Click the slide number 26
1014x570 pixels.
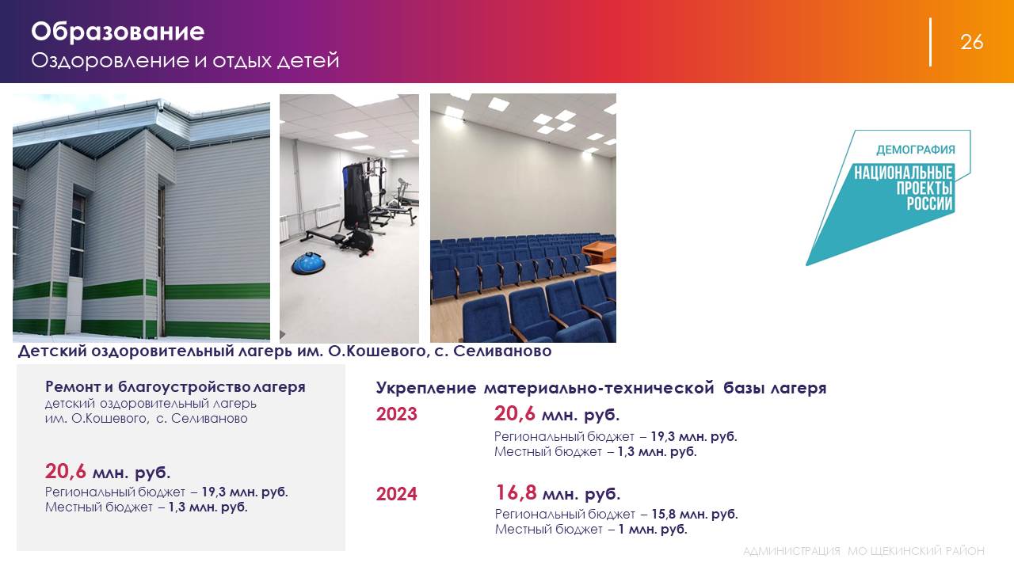click(971, 42)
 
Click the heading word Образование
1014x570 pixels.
click(118, 32)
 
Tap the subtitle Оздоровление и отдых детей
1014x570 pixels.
click(185, 61)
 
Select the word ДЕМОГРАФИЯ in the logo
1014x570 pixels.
click(915, 150)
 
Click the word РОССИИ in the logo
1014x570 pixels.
click(930, 203)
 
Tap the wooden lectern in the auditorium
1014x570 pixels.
click(598, 253)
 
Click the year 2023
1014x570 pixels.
click(397, 414)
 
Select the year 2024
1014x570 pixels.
click(397, 493)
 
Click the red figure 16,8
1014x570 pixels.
click(516, 492)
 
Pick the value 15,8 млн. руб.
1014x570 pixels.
click(695, 514)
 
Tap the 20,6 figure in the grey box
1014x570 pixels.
click(65, 471)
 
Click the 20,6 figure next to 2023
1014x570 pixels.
click(514, 413)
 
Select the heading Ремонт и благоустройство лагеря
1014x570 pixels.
click(175, 387)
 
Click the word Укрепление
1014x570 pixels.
click(426, 388)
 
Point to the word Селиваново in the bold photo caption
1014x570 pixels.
click(502, 351)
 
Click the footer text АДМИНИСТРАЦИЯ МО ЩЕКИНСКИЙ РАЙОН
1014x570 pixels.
click(863, 551)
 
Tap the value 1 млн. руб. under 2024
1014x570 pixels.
click(653, 529)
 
